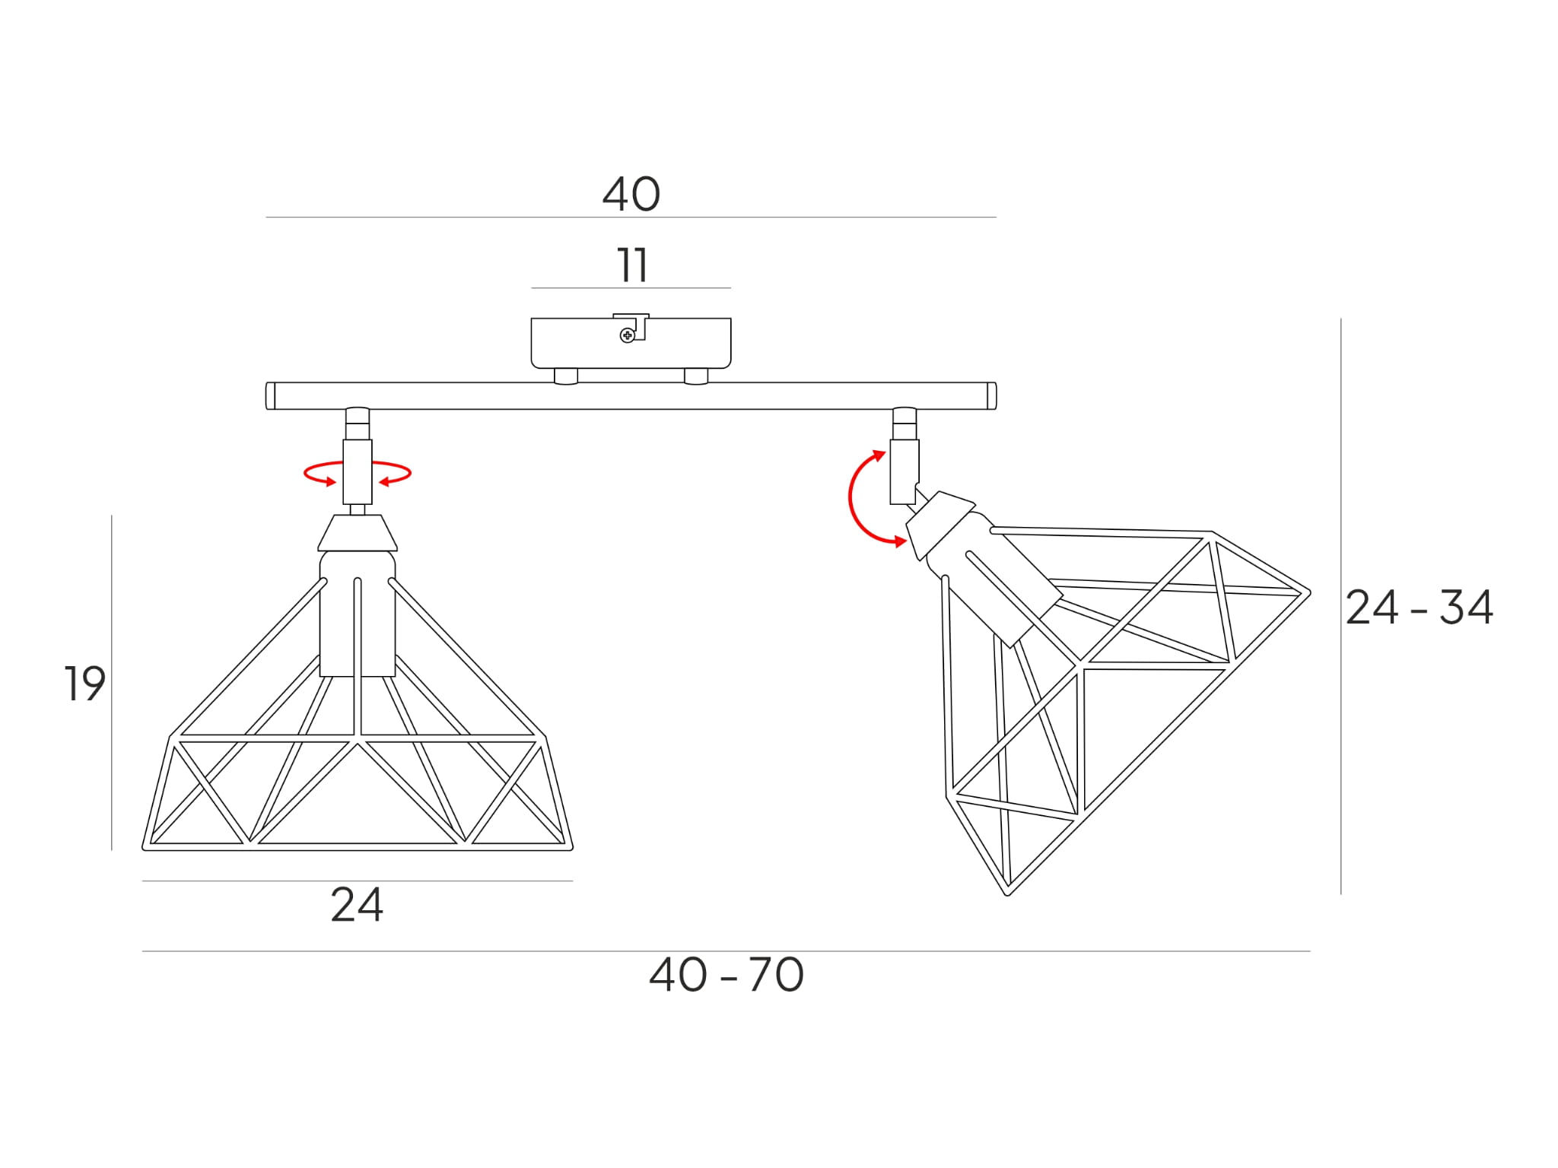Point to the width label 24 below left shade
pos(357,904)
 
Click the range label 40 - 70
pos(727,974)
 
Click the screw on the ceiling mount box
pos(627,335)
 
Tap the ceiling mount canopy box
pos(631,343)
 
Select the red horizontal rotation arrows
pos(358,473)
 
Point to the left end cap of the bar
pos(270,396)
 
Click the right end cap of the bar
pos(992,396)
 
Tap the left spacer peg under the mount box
pos(566,376)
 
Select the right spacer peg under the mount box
pos(696,376)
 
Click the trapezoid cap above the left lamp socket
pos(358,532)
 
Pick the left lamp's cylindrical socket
pos(358,614)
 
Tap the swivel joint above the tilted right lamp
pos(905,456)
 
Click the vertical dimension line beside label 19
pos(112,683)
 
